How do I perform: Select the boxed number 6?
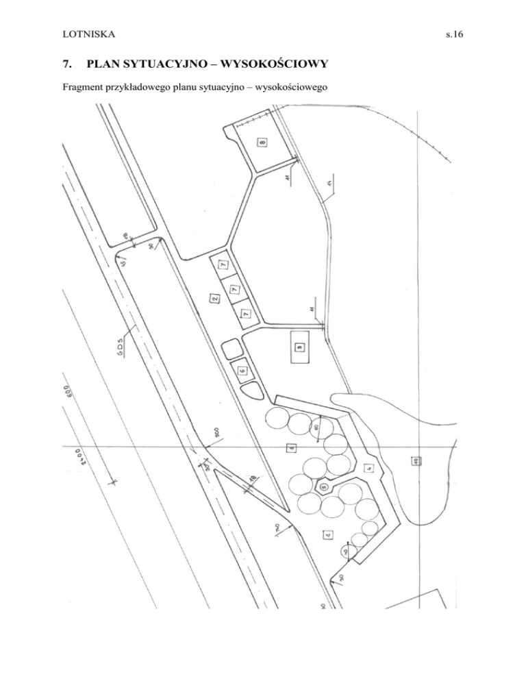242,370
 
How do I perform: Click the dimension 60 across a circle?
317,427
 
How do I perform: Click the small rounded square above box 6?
231,347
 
